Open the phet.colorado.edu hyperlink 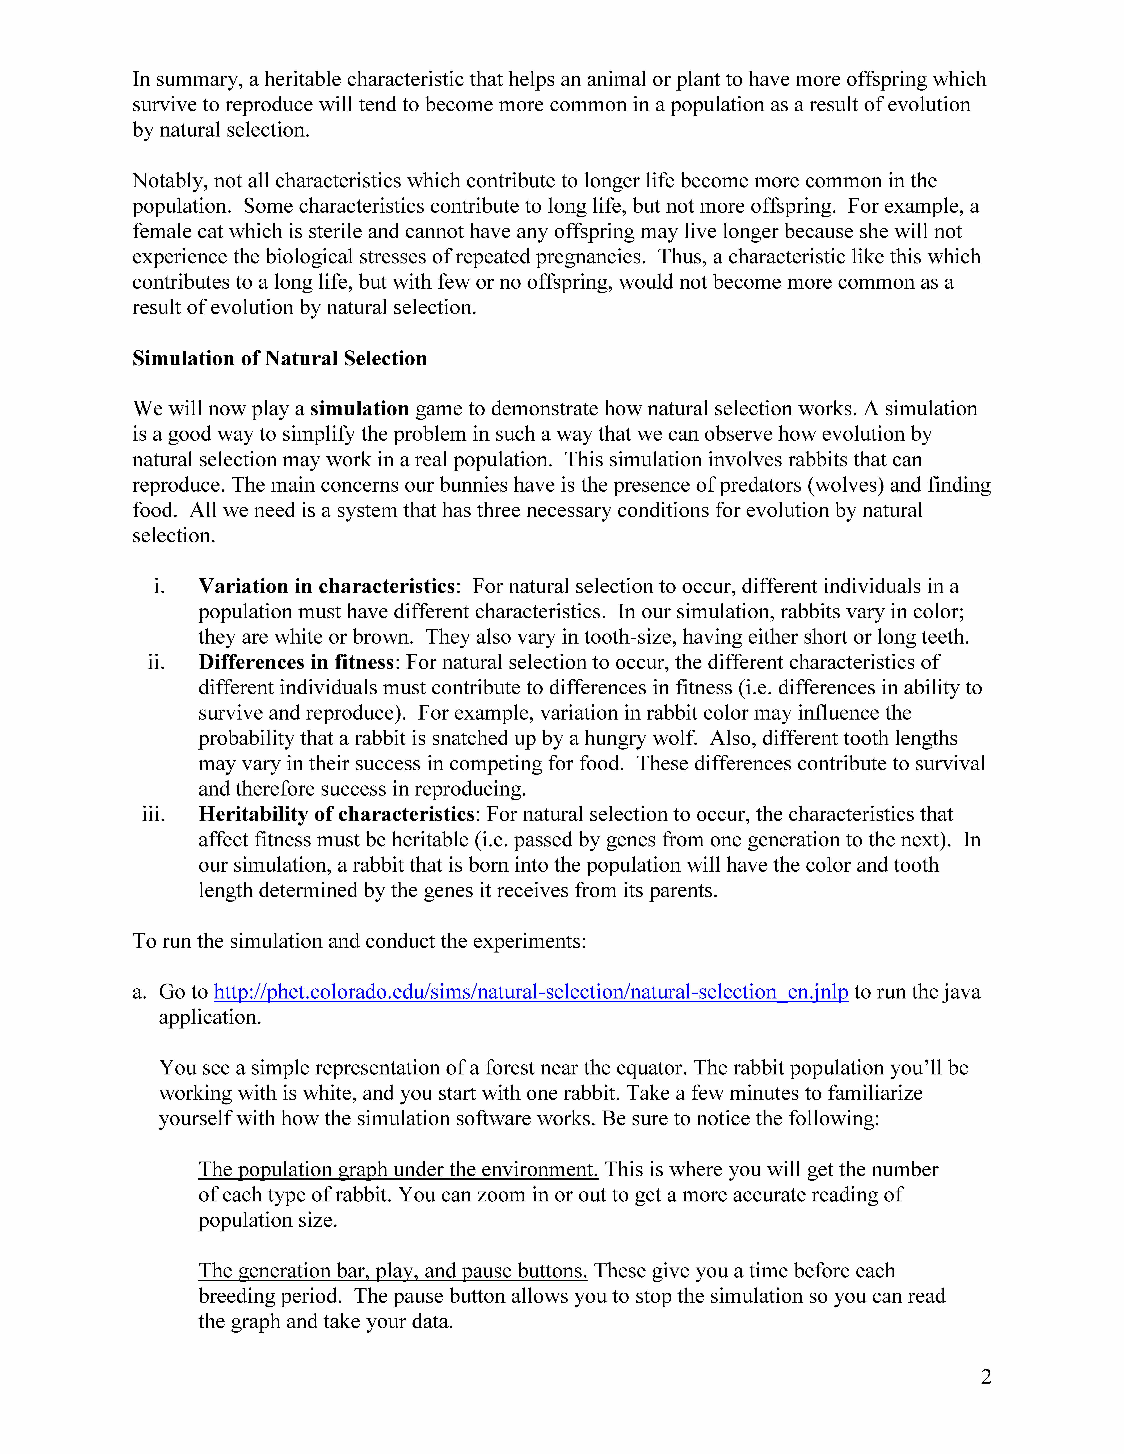click(531, 992)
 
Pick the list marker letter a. click(138, 992)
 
